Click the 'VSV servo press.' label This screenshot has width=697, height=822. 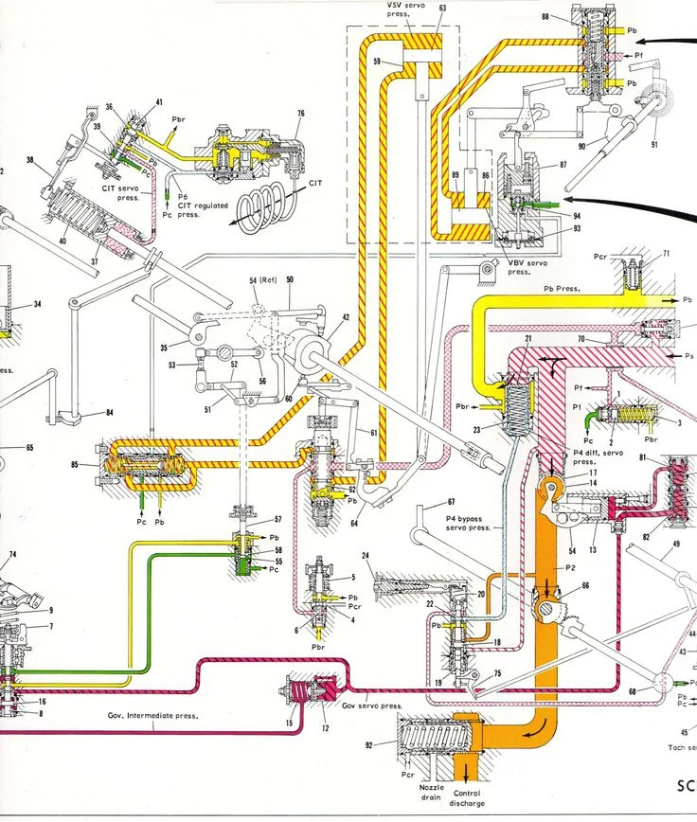pyautogui.click(x=406, y=10)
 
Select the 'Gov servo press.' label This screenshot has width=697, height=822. pyautogui.click(x=371, y=706)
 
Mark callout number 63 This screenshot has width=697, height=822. pyautogui.click(x=442, y=8)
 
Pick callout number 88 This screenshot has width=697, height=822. pyautogui.click(x=545, y=17)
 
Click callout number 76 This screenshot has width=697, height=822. pyautogui.click(x=299, y=114)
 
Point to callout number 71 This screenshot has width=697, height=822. pyautogui.click(x=666, y=254)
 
